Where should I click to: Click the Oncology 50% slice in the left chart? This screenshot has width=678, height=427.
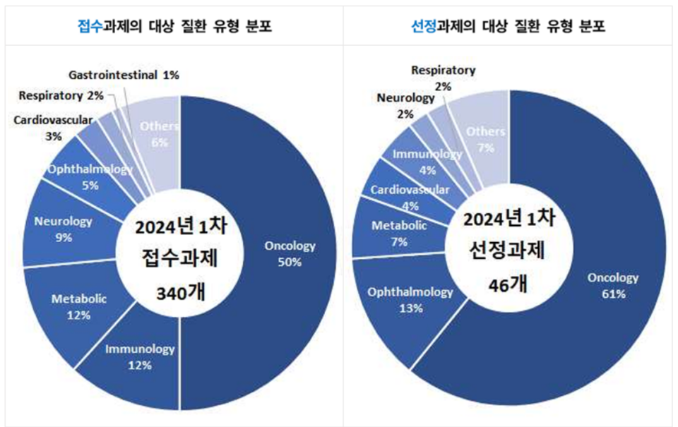(290, 254)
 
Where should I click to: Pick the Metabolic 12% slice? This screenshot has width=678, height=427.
(78, 306)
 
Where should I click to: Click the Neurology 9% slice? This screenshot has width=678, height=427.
(64, 229)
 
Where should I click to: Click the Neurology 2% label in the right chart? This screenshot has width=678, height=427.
(405, 105)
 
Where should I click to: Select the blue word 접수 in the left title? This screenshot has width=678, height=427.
(90, 27)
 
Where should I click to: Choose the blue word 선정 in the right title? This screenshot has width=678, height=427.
(423, 27)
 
